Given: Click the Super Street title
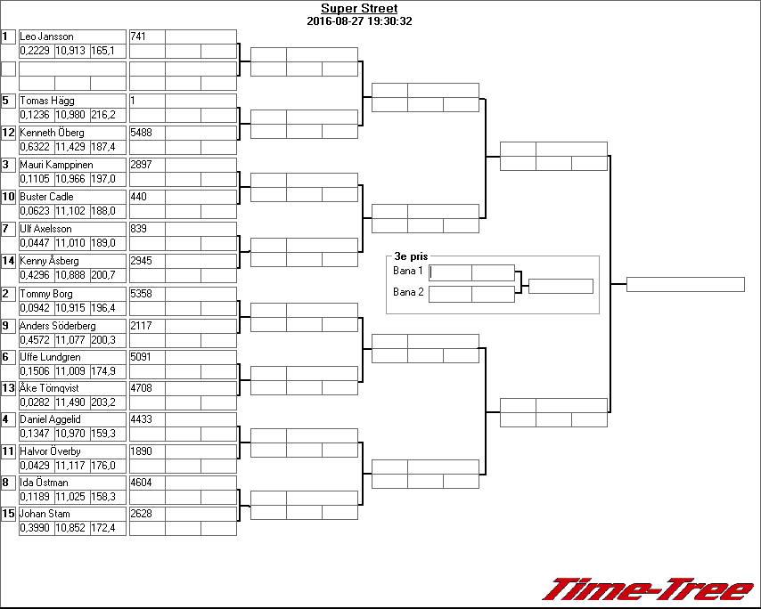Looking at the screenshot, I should pos(359,9).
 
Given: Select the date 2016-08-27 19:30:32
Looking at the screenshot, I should pos(359,20).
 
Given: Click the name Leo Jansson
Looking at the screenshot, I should pos(46,37).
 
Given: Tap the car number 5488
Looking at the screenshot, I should pos(142,133).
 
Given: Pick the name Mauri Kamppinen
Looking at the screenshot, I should pos(56,165).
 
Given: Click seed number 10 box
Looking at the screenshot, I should pos(9,197).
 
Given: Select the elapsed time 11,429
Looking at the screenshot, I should pos(70,147).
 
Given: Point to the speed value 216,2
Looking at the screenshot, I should pos(103,115).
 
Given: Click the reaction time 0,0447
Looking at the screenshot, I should pos(35,243).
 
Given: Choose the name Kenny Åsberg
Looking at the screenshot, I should pos(49,261).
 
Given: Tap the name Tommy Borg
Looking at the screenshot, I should pos(46,294).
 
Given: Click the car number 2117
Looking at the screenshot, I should pos(141,326).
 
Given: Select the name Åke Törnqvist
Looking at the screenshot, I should pos(51,388).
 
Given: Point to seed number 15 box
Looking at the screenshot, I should pos(9,514).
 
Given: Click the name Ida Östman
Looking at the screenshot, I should pos(44,483).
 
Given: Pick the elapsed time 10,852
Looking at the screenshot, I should pos(70,528).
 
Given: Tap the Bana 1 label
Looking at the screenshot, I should pos(407,270).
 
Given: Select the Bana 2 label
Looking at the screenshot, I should pos(407,292).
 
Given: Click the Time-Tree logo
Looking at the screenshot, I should pos(648,589).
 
